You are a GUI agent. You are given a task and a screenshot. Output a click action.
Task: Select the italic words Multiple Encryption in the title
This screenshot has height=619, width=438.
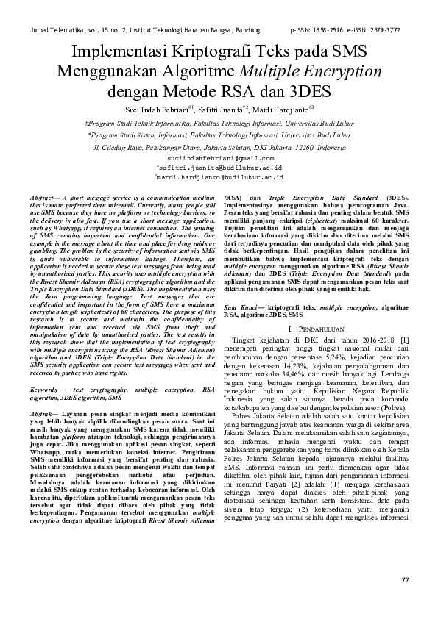[x=308, y=72]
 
